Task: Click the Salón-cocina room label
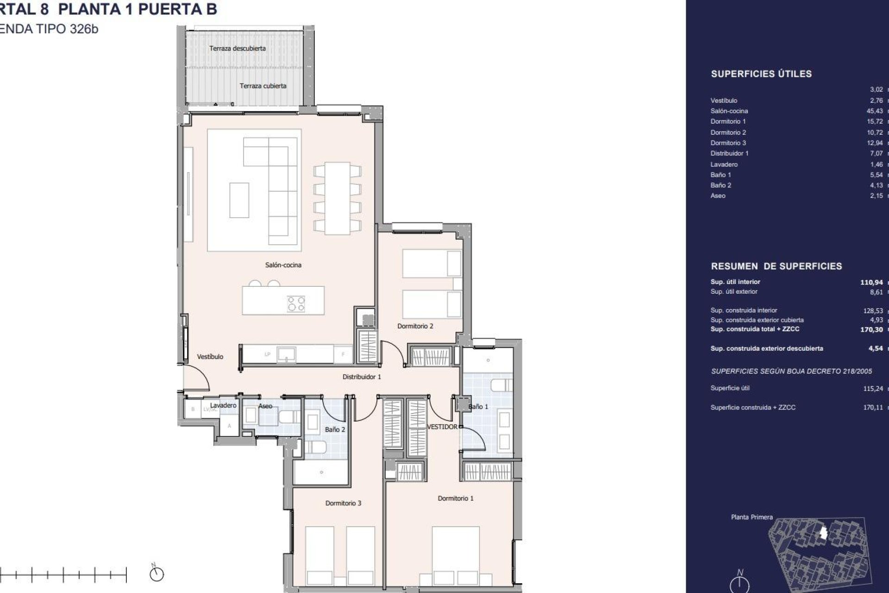click(x=283, y=265)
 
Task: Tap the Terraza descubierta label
click(x=237, y=48)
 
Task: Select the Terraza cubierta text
click(x=263, y=86)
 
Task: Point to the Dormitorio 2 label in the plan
click(x=415, y=326)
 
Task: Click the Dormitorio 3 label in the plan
click(x=343, y=503)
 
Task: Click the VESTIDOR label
click(x=442, y=427)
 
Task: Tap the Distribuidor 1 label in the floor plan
click(x=362, y=377)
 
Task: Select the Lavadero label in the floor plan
click(x=223, y=405)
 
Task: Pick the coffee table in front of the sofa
click(x=239, y=200)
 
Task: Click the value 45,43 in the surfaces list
click(x=875, y=111)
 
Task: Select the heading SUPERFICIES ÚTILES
click(x=761, y=74)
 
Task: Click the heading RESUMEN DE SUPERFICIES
click(x=776, y=266)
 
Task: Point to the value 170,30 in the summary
click(x=871, y=330)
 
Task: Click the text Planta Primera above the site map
click(x=751, y=517)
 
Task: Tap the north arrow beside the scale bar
click(x=157, y=574)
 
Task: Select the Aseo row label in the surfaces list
click(x=718, y=196)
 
